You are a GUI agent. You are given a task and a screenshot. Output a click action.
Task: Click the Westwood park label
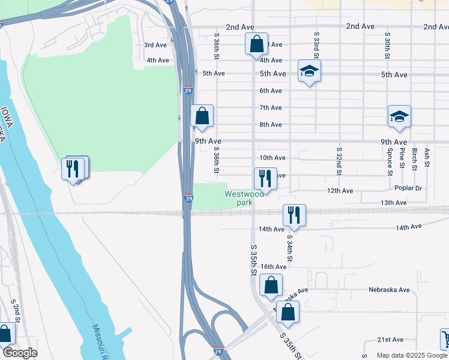click(x=244, y=198)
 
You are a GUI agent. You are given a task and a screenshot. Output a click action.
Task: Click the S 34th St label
click(x=289, y=248)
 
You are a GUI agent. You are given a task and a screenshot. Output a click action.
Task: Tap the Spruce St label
click(x=390, y=162)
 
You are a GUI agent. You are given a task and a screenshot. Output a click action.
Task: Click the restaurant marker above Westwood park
click(x=265, y=178)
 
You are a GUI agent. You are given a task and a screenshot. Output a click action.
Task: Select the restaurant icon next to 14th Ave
click(x=294, y=215)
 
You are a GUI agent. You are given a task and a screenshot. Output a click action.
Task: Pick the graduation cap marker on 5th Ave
click(x=309, y=71)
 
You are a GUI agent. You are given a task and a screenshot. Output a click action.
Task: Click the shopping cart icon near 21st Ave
click(x=445, y=338)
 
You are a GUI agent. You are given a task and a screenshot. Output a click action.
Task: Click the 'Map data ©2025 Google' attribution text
click(x=411, y=355)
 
